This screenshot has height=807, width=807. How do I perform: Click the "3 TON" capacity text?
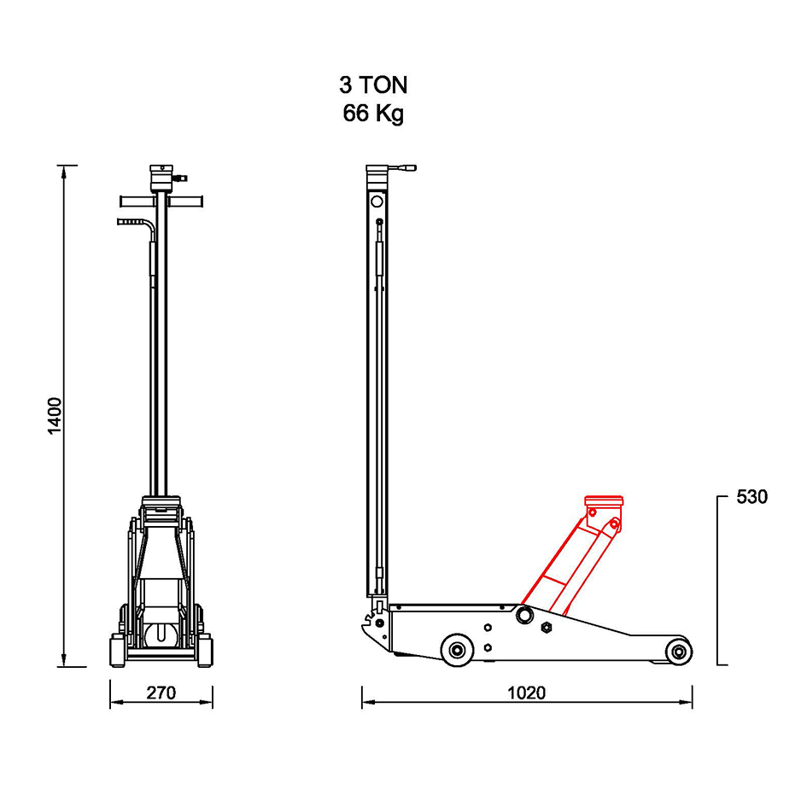click(373, 85)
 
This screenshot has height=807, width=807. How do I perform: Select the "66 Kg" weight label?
click(373, 114)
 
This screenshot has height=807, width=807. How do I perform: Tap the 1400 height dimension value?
click(55, 416)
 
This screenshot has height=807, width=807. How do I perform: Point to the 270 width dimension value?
click(161, 693)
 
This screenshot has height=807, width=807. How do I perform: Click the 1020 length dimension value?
click(527, 693)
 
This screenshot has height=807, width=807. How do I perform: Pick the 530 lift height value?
click(752, 497)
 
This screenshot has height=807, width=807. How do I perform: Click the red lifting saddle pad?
click(604, 501)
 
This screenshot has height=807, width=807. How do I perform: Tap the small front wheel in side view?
click(678, 652)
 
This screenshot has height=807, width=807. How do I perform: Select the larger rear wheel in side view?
click(458, 650)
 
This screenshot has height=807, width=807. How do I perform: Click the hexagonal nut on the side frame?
click(546, 628)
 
